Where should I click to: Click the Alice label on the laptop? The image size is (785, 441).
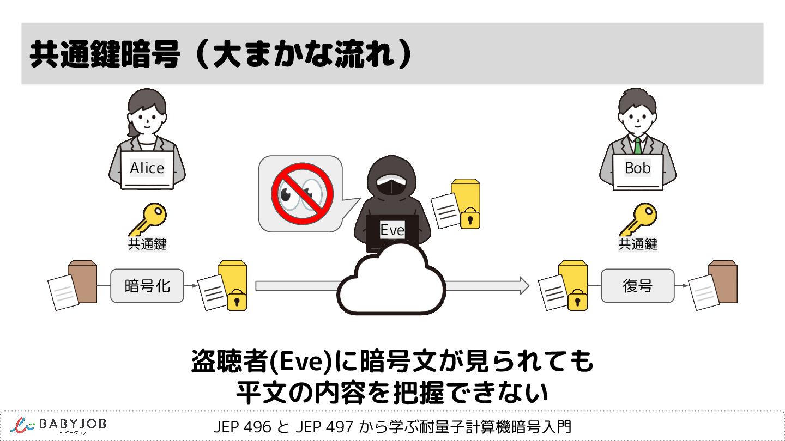[x=147, y=168]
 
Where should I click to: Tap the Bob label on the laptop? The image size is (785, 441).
[x=638, y=168]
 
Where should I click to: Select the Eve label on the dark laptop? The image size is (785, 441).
[x=392, y=230]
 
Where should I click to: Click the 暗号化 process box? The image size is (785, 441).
[x=147, y=286]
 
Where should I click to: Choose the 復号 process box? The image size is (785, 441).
[x=637, y=286]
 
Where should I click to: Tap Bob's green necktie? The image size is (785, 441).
[x=637, y=145]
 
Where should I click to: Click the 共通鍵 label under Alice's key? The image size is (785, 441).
[x=147, y=244]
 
